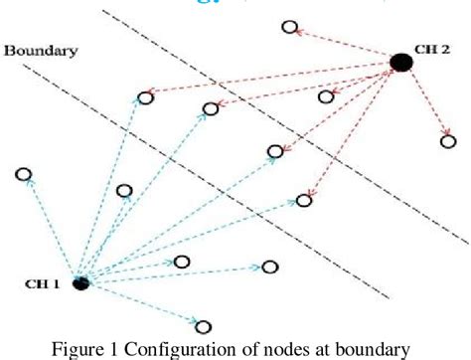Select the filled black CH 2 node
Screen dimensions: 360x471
[400, 63]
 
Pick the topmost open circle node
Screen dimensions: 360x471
[289, 27]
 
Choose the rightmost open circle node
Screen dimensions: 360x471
[448, 141]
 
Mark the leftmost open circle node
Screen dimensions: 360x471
[23, 175]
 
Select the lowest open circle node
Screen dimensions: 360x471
[203, 325]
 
